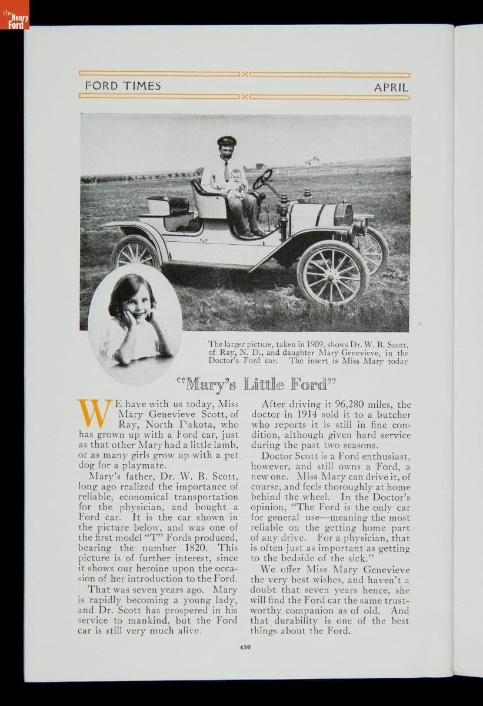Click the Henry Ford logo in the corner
pyautogui.click(x=14, y=15)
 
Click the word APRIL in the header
pyautogui.click(x=391, y=87)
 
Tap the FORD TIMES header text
pyautogui.click(x=122, y=86)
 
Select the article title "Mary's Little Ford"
pyautogui.click(x=255, y=385)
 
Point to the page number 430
pyautogui.click(x=245, y=647)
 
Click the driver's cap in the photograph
pyautogui.click(x=226, y=141)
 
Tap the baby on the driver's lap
pyautogui.click(x=236, y=182)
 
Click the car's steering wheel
pyautogui.click(x=262, y=179)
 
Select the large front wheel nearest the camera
pyautogui.click(x=332, y=272)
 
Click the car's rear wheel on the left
pyautogui.click(x=136, y=254)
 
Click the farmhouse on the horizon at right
pyautogui.click(x=312, y=160)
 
